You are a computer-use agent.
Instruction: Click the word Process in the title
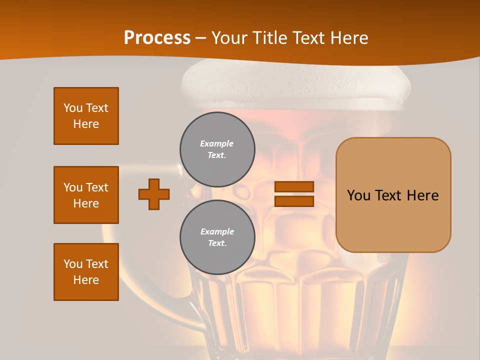pos(157,38)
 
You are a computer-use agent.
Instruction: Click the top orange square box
pos(86,116)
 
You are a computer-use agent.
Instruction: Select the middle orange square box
pos(86,195)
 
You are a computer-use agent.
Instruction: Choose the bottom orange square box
pos(86,272)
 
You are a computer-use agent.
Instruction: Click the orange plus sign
pos(154,194)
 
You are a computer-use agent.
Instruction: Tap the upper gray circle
pos(217,149)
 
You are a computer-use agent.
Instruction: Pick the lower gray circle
pos(217,237)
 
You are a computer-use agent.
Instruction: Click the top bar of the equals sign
pos(294,186)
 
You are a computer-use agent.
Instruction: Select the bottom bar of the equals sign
pos(294,201)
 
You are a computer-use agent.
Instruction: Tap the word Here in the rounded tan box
pos(423,195)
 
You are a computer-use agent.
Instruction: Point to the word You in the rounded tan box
pos(359,195)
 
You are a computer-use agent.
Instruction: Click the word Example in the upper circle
pos(217,143)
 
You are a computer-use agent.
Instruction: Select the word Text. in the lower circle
pos(217,243)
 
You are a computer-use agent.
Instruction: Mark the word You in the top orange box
pos(73,108)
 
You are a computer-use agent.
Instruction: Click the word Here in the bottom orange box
pos(86,280)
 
